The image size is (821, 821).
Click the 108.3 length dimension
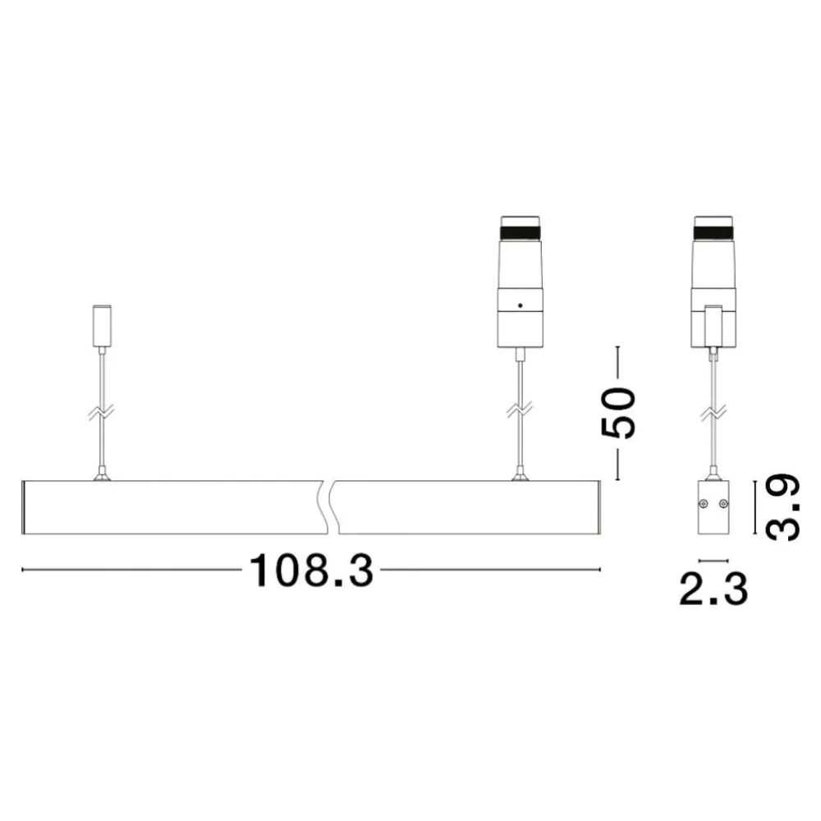pos(311,571)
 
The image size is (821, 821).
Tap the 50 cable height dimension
pos(618,414)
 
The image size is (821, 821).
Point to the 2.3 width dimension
pos(713,589)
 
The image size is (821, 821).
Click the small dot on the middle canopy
pos(520,305)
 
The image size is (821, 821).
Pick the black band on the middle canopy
pos(520,232)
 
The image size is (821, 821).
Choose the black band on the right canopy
pos(713,232)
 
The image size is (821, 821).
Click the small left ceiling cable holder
pos(102,326)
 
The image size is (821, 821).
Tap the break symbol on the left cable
pos(102,413)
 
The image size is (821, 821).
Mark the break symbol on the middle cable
pos(520,410)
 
